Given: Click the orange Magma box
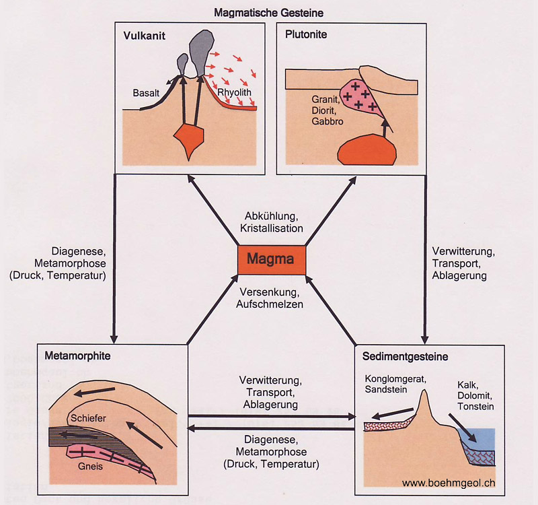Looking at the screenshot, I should [x=271, y=259].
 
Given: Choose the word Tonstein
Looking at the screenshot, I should [x=475, y=407].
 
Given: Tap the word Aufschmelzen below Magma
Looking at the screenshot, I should [x=271, y=304].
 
